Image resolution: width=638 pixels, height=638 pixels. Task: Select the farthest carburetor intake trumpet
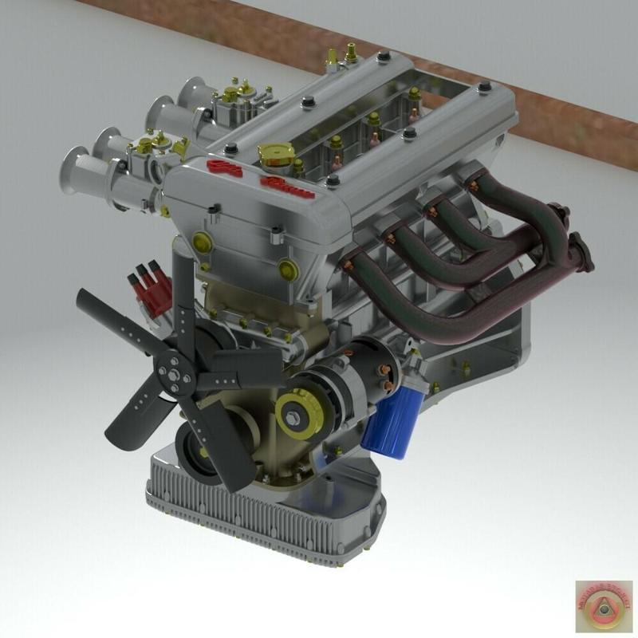191,92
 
